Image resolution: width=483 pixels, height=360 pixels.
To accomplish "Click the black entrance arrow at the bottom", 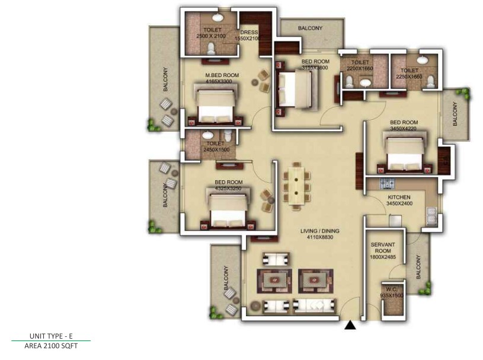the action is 350,325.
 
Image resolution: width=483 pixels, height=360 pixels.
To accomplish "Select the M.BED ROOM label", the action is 222,75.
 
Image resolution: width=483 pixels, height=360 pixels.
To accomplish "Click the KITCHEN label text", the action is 399,197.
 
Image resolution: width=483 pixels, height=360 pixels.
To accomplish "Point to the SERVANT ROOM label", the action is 383,248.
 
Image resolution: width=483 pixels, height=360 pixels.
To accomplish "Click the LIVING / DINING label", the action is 320,231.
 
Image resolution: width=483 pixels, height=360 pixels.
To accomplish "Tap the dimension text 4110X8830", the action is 320,237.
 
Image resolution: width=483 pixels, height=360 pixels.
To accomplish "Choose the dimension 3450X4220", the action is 404,129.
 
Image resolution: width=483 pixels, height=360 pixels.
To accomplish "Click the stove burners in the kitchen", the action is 387,184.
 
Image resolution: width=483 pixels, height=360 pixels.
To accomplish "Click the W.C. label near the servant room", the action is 391,289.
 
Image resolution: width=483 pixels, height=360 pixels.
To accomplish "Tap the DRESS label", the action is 249,33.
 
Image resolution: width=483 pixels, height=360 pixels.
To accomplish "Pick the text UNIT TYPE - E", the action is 51,336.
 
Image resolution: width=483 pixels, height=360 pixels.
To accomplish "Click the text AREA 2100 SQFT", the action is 51,346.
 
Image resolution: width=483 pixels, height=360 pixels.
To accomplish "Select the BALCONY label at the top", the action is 310,28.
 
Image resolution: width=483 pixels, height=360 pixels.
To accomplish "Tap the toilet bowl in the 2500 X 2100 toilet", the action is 211,49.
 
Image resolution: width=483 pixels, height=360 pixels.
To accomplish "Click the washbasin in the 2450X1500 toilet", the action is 207,135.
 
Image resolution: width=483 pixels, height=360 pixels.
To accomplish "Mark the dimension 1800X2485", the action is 383,257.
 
